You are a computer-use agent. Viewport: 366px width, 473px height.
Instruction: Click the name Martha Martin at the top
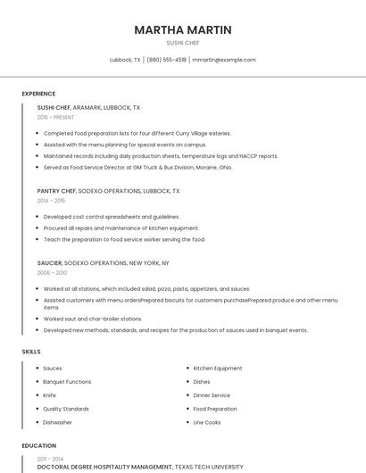183,30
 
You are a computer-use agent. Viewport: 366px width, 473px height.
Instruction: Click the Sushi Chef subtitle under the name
183,43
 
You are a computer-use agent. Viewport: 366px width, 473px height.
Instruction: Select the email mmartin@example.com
224,60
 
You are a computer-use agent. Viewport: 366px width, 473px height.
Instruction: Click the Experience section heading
38,94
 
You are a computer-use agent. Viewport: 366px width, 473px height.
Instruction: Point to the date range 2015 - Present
55,117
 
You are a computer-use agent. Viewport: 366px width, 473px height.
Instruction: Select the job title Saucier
49,263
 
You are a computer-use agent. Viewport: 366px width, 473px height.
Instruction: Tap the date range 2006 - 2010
52,273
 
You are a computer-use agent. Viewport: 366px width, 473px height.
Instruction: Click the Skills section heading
31,352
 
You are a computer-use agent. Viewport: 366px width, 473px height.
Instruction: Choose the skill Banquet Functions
67,382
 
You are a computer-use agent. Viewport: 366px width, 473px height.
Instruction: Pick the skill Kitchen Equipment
218,369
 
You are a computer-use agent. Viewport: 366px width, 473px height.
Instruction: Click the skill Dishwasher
58,422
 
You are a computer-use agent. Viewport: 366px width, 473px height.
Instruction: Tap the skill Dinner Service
212,395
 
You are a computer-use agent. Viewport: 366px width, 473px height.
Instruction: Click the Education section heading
39,445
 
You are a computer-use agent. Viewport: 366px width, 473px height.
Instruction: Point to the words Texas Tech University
210,467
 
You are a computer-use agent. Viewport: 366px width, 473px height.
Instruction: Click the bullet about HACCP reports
161,156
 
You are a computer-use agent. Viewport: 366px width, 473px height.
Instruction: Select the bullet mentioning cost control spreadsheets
112,217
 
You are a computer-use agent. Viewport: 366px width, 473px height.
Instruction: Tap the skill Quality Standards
66,409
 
